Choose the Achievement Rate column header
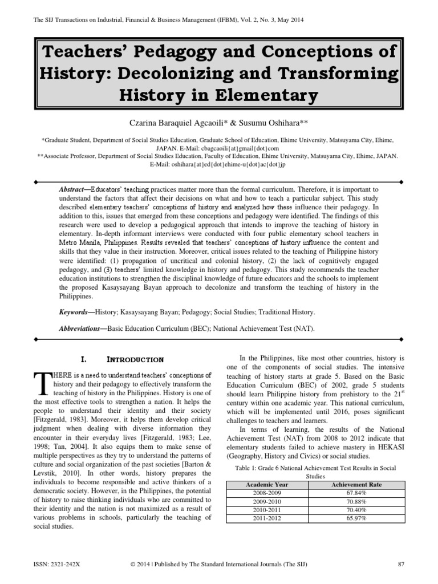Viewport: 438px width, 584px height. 356,484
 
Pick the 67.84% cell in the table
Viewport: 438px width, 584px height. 356,493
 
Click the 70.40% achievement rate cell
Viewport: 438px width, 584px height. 356,510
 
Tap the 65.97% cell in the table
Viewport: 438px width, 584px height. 356,519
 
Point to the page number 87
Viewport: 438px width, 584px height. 400,564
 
